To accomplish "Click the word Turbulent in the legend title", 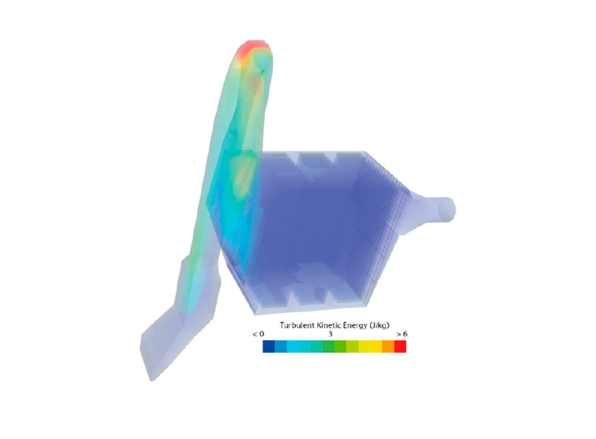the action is click(297, 325).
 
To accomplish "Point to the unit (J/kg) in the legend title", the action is click(379, 326).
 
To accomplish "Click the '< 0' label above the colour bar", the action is click(258, 334).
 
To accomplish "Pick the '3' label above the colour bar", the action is click(330, 334).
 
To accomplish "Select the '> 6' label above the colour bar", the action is click(402, 334).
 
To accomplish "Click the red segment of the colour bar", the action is click(401, 346).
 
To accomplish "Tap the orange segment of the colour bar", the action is click(389, 346).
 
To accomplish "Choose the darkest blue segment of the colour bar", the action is click(269, 346).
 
